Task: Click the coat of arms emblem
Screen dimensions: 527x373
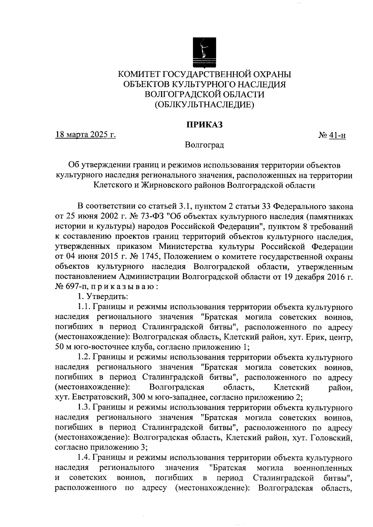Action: [204, 52]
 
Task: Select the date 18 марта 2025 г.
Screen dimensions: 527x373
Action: [85, 135]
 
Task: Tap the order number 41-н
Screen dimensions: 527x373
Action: [337, 135]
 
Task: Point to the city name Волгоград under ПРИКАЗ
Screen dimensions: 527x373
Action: [204, 145]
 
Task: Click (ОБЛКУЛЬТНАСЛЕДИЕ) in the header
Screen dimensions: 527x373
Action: [204, 105]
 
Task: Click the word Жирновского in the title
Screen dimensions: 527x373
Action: [167, 185]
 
